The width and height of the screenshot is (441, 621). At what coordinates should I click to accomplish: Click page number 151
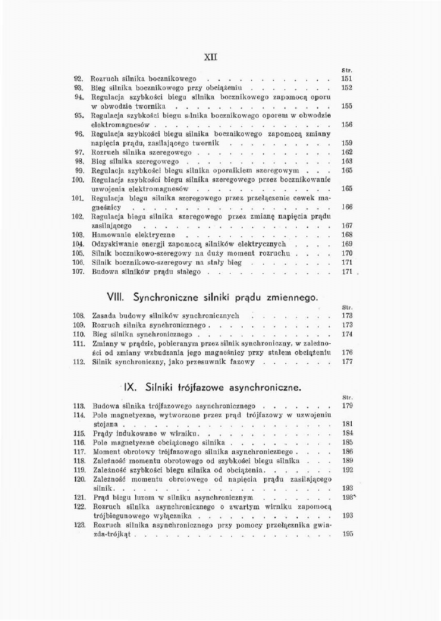347,79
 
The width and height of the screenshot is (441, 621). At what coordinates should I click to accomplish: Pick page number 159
347,143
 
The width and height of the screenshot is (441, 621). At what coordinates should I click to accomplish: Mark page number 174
347,334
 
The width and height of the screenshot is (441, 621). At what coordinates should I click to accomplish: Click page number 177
347,361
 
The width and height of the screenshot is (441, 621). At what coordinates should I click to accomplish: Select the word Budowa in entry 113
105,406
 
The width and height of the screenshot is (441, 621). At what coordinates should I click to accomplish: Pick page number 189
348,460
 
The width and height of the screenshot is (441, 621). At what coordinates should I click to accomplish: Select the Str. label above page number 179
348,397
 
